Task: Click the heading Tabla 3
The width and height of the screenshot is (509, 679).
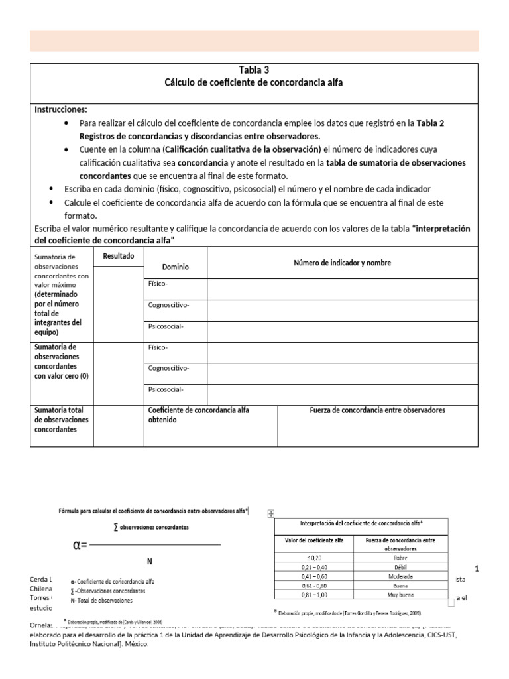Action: pyautogui.click(x=254, y=70)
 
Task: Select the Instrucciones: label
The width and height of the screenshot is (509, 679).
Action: pyautogui.click(x=60, y=109)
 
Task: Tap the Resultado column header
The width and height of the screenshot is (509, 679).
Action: pyautogui.click(x=119, y=256)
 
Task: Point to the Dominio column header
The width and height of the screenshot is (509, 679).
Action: pyautogui.click(x=176, y=267)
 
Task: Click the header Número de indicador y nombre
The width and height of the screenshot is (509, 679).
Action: pyautogui.click(x=342, y=263)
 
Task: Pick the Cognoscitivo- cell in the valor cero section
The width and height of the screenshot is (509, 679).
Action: pyautogui.click(x=169, y=368)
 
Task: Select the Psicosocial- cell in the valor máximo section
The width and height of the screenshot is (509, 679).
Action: pyautogui.click(x=166, y=326)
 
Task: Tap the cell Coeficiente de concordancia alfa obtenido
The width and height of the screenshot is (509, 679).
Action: pyautogui.click(x=198, y=415)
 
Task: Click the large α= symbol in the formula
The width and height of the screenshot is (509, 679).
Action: pyautogui.click(x=80, y=546)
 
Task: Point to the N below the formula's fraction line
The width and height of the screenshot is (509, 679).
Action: pyautogui.click(x=150, y=561)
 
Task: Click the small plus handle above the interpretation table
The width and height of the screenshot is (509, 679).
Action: pyautogui.click(x=270, y=513)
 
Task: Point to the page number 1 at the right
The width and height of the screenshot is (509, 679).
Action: pyautogui.click(x=476, y=568)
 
